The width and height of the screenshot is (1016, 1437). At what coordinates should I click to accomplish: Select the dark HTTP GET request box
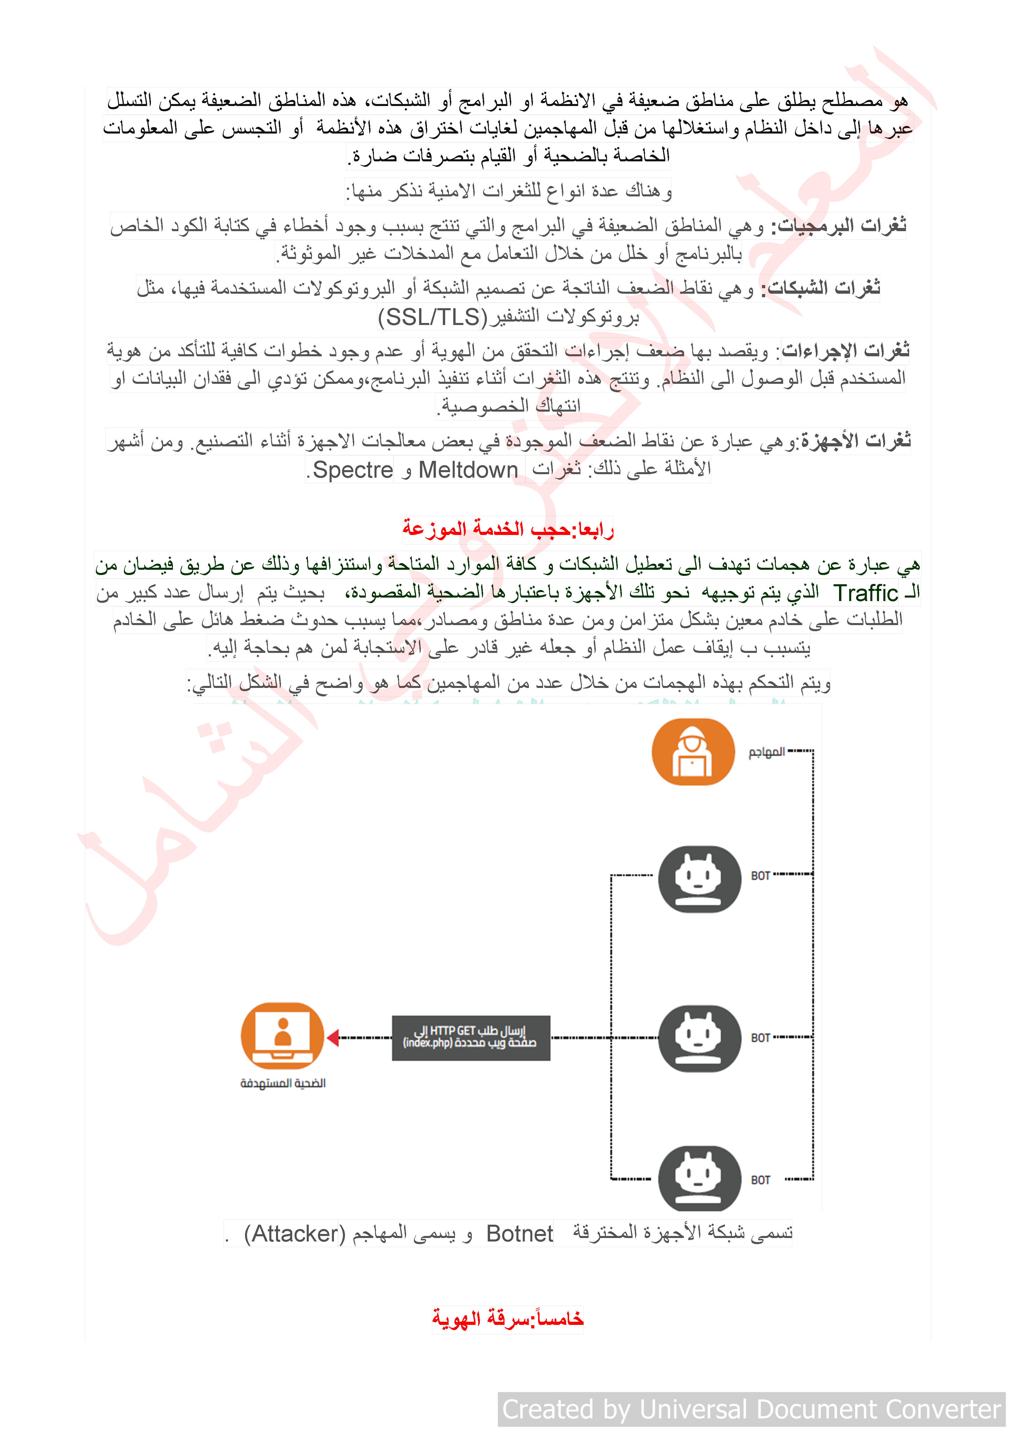tap(470, 1038)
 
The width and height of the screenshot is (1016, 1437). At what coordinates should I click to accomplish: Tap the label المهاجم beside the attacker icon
tap(766, 752)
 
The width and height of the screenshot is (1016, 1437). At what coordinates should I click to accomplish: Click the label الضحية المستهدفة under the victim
tap(283, 1083)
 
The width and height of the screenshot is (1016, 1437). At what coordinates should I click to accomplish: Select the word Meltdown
tap(468, 470)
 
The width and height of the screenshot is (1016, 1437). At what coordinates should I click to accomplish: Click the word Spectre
tap(353, 470)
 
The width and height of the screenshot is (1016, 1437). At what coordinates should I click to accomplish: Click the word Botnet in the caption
tap(519, 1234)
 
